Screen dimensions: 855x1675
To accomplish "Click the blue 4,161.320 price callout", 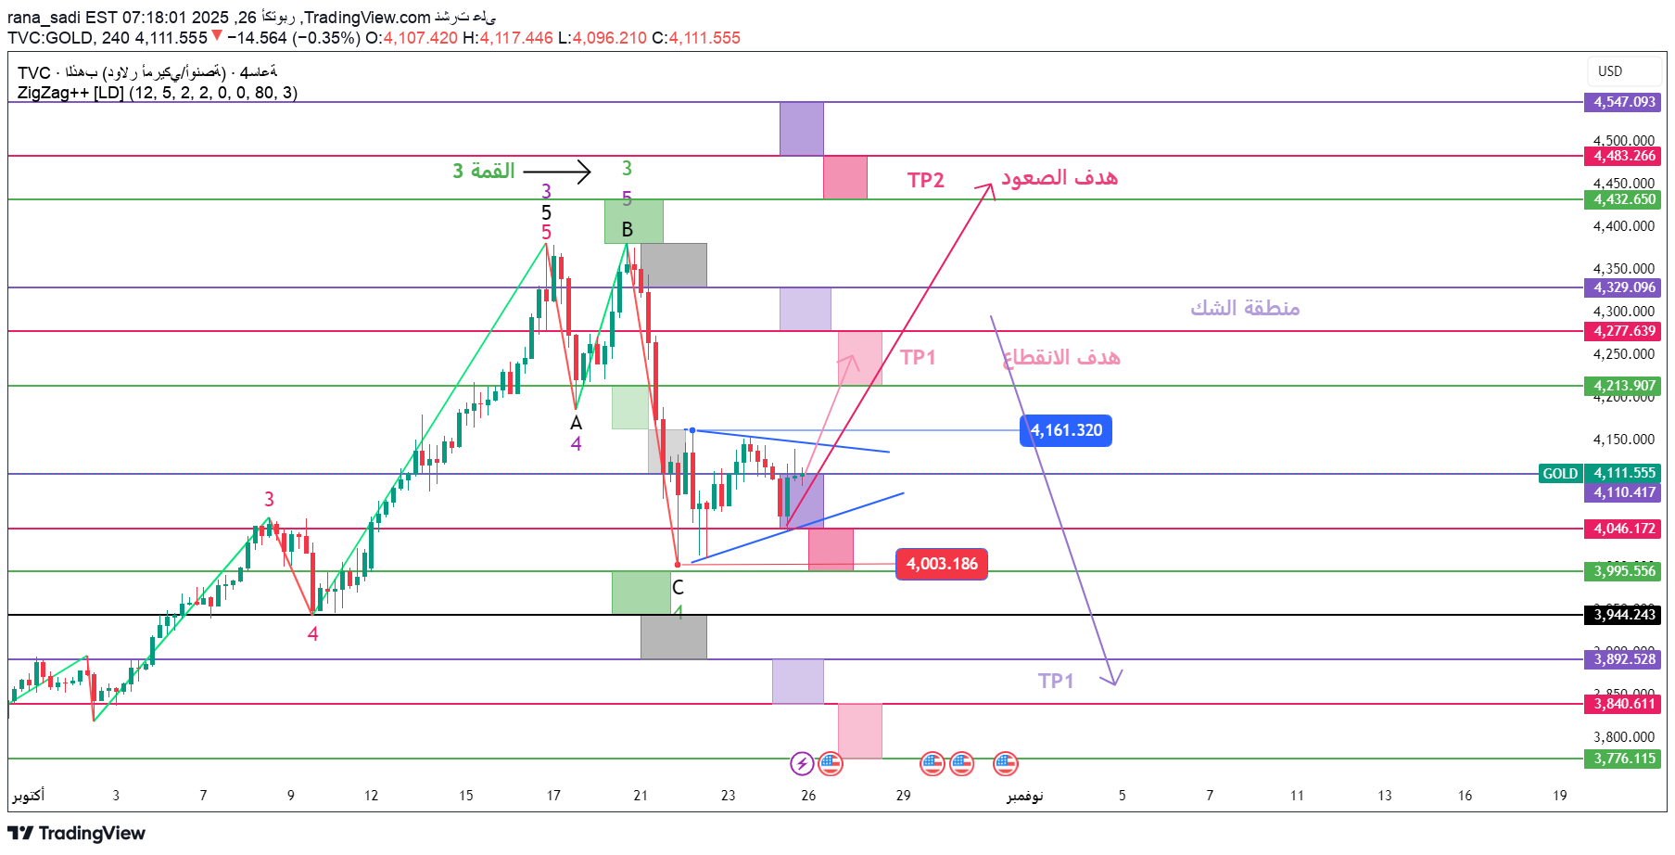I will [1066, 430].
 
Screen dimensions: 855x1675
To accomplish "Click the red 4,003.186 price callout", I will [942, 564].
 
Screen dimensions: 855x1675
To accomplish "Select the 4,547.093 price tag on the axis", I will [1624, 102].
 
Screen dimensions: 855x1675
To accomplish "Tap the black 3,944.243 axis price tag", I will [1624, 615].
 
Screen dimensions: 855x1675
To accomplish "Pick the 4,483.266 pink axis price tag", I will [1624, 156].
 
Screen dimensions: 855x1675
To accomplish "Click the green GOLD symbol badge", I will [1560, 474].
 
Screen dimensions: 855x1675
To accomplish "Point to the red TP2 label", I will [925, 180].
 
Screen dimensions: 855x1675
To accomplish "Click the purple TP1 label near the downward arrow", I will [1056, 681].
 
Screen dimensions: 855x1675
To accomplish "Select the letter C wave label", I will [678, 587].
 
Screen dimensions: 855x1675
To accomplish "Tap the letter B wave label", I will [628, 229].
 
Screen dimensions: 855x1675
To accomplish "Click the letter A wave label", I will [576, 423].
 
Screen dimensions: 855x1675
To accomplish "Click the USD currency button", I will [1610, 71].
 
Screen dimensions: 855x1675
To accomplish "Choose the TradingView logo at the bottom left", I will [77, 833].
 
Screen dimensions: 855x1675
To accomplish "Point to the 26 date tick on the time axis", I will [808, 795].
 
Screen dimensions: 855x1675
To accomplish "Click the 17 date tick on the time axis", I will [553, 795].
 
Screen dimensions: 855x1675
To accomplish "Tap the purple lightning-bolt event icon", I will [802, 763].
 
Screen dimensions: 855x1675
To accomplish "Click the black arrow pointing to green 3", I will [557, 172].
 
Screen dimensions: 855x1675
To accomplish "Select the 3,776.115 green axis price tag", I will [1624, 759].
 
